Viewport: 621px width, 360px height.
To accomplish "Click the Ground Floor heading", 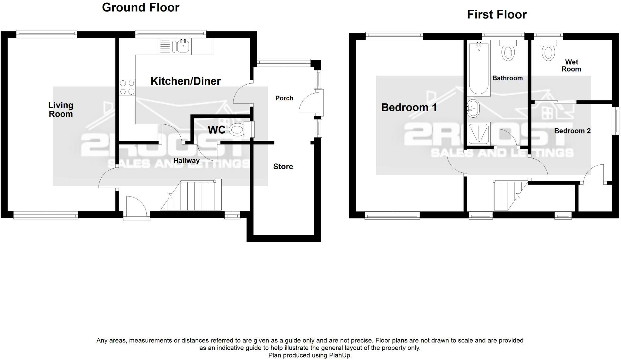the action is (x=141, y=8).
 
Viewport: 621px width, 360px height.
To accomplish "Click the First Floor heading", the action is (x=497, y=15).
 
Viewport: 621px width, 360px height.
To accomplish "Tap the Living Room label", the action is (x=61, y=109).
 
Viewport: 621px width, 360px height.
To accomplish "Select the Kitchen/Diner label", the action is (x=186, y=81).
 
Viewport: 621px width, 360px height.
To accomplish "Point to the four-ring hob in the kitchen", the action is (x=127, y=87).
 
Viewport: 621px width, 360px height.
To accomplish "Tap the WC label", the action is (x=217, y=130).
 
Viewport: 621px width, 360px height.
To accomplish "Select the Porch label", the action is (x=284, y=98).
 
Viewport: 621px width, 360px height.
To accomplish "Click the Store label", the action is (x=283, y=166).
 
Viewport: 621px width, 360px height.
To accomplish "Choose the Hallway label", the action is (x=186, y=160).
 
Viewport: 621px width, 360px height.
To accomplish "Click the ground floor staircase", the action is (x=191, y=195).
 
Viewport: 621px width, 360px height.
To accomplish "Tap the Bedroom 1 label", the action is (x=409, y=107).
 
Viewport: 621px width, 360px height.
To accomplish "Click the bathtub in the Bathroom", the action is (x=479, y=69).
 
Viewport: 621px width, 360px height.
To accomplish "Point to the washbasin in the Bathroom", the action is (x=473, y=108).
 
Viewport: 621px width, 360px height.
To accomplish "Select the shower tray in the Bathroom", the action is (x=479, y=134).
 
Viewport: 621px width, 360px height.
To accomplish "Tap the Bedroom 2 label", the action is (x=572, y=131).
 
